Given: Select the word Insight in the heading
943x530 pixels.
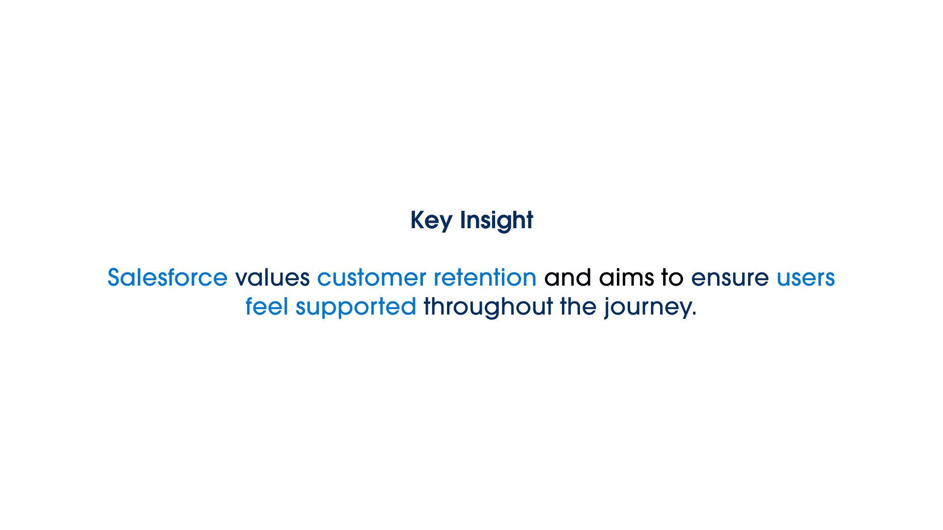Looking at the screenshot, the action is [x=497, y=220].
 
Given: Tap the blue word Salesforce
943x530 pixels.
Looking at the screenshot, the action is [x=167, y=277].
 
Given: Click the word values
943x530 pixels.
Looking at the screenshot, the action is [x=273, y=277].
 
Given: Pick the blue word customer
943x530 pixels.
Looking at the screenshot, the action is [x=372, y=278].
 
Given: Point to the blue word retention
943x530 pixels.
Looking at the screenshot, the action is [x=485, y=277].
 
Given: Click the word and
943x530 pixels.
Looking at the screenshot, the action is [x=568, y=277].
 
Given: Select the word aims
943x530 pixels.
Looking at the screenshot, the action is [x=627, y=277].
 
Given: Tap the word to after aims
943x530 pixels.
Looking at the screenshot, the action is [x=672, y=278].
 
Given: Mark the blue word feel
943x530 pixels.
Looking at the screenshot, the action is [x=267, y=306].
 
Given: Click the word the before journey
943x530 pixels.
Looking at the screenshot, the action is [x=578, y=306].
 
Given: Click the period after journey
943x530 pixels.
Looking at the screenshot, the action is [x=694, y=315].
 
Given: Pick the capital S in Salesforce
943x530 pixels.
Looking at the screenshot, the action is [x=114, y=278].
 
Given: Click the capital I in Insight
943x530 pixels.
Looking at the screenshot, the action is [x=462, y=220].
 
